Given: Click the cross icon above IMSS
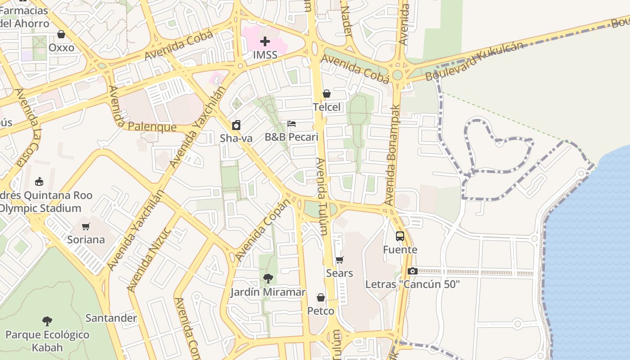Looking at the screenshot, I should pyautogui.click(x=265, y=41).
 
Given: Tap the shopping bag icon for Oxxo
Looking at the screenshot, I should pyautogui.click(x=61, y=34).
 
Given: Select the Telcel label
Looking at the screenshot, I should pyautogui.click(x=327, y=107).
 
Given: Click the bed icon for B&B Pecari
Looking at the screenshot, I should pyautogui.click(x=292, y=124).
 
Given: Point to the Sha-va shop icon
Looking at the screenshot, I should pyautogui.click(x=236, y=125).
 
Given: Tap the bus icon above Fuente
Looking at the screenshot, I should pyautogui.click(x=400, y=236).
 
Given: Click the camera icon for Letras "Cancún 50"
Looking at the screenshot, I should pyautogui.click(x=412, y=271).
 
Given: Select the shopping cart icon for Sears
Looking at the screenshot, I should pyautogui.click(x=340, y=260).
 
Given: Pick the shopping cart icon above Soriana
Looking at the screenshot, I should pyautogui.click(x=86, y=226).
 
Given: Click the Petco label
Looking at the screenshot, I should pyautogui.click(x=321, y=311).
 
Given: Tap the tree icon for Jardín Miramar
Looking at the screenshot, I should pyautogui.click(x=268, y=279).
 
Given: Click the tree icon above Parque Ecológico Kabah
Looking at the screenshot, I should pyautogui.click(x=47, y=321).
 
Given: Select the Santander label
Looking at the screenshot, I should pyautogui.click(x=111, y=318).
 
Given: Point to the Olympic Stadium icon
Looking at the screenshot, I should pyautogui.click(x=39, y=182).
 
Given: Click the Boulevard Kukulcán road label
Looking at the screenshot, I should pyautogui.click(x=474, y=62).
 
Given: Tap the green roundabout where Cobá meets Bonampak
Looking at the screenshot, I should pyautogui.click(x=397, y=75).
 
